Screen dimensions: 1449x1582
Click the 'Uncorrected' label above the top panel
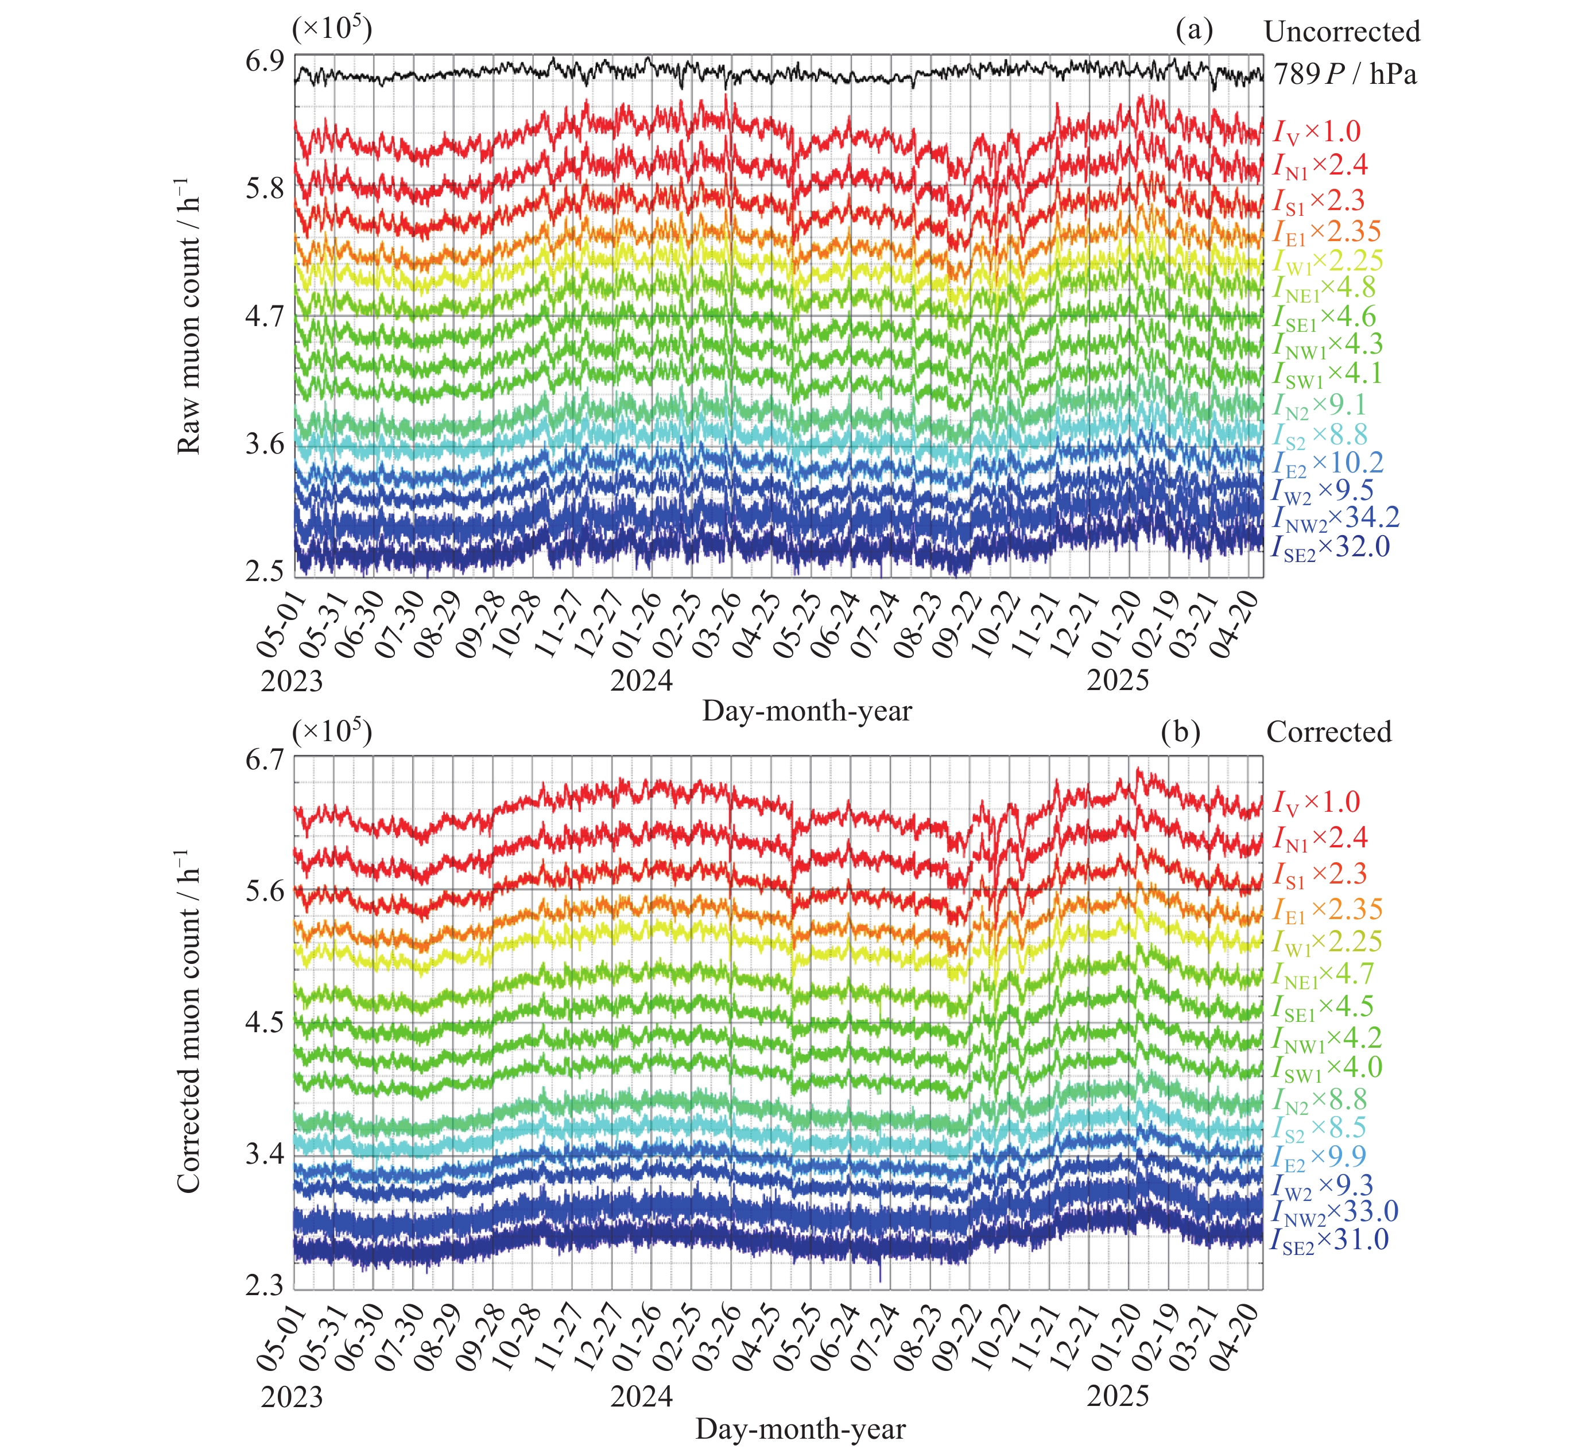pyautogui.click(x=1342, y=32)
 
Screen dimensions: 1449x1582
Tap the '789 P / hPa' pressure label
pyautogui.click(x=1345, y=75)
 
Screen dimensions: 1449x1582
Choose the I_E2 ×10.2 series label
pyautogui.click(x=1328, y=464)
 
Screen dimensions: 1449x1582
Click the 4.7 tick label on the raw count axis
pyautogui.click(x=265, y=316)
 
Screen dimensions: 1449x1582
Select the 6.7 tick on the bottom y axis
pyautogui.click(x=265, y=761)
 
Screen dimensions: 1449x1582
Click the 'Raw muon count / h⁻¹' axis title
pyautogui.click(x=189, y=318)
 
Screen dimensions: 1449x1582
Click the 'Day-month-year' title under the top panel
pyautogui.click(x=806, y=711)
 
